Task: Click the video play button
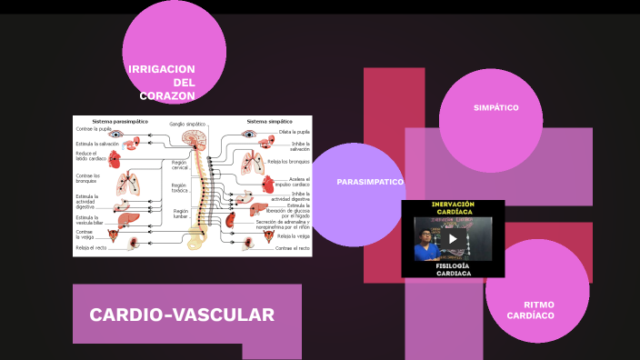(453, 239)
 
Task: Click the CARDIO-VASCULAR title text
(182, 315)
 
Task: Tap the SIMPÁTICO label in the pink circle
(495, 107)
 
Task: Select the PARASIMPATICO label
(370, 182)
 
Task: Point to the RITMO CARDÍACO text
(539, 310)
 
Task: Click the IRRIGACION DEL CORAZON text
(163, 82)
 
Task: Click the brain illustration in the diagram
(194, 138)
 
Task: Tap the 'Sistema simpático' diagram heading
(269, 121)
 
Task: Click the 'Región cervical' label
(179, 165)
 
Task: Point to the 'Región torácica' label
(179, 188)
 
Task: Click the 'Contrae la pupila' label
(93, 129)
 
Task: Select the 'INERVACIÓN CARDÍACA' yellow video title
(453, 208)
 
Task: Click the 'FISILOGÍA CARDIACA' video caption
(453, 269)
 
